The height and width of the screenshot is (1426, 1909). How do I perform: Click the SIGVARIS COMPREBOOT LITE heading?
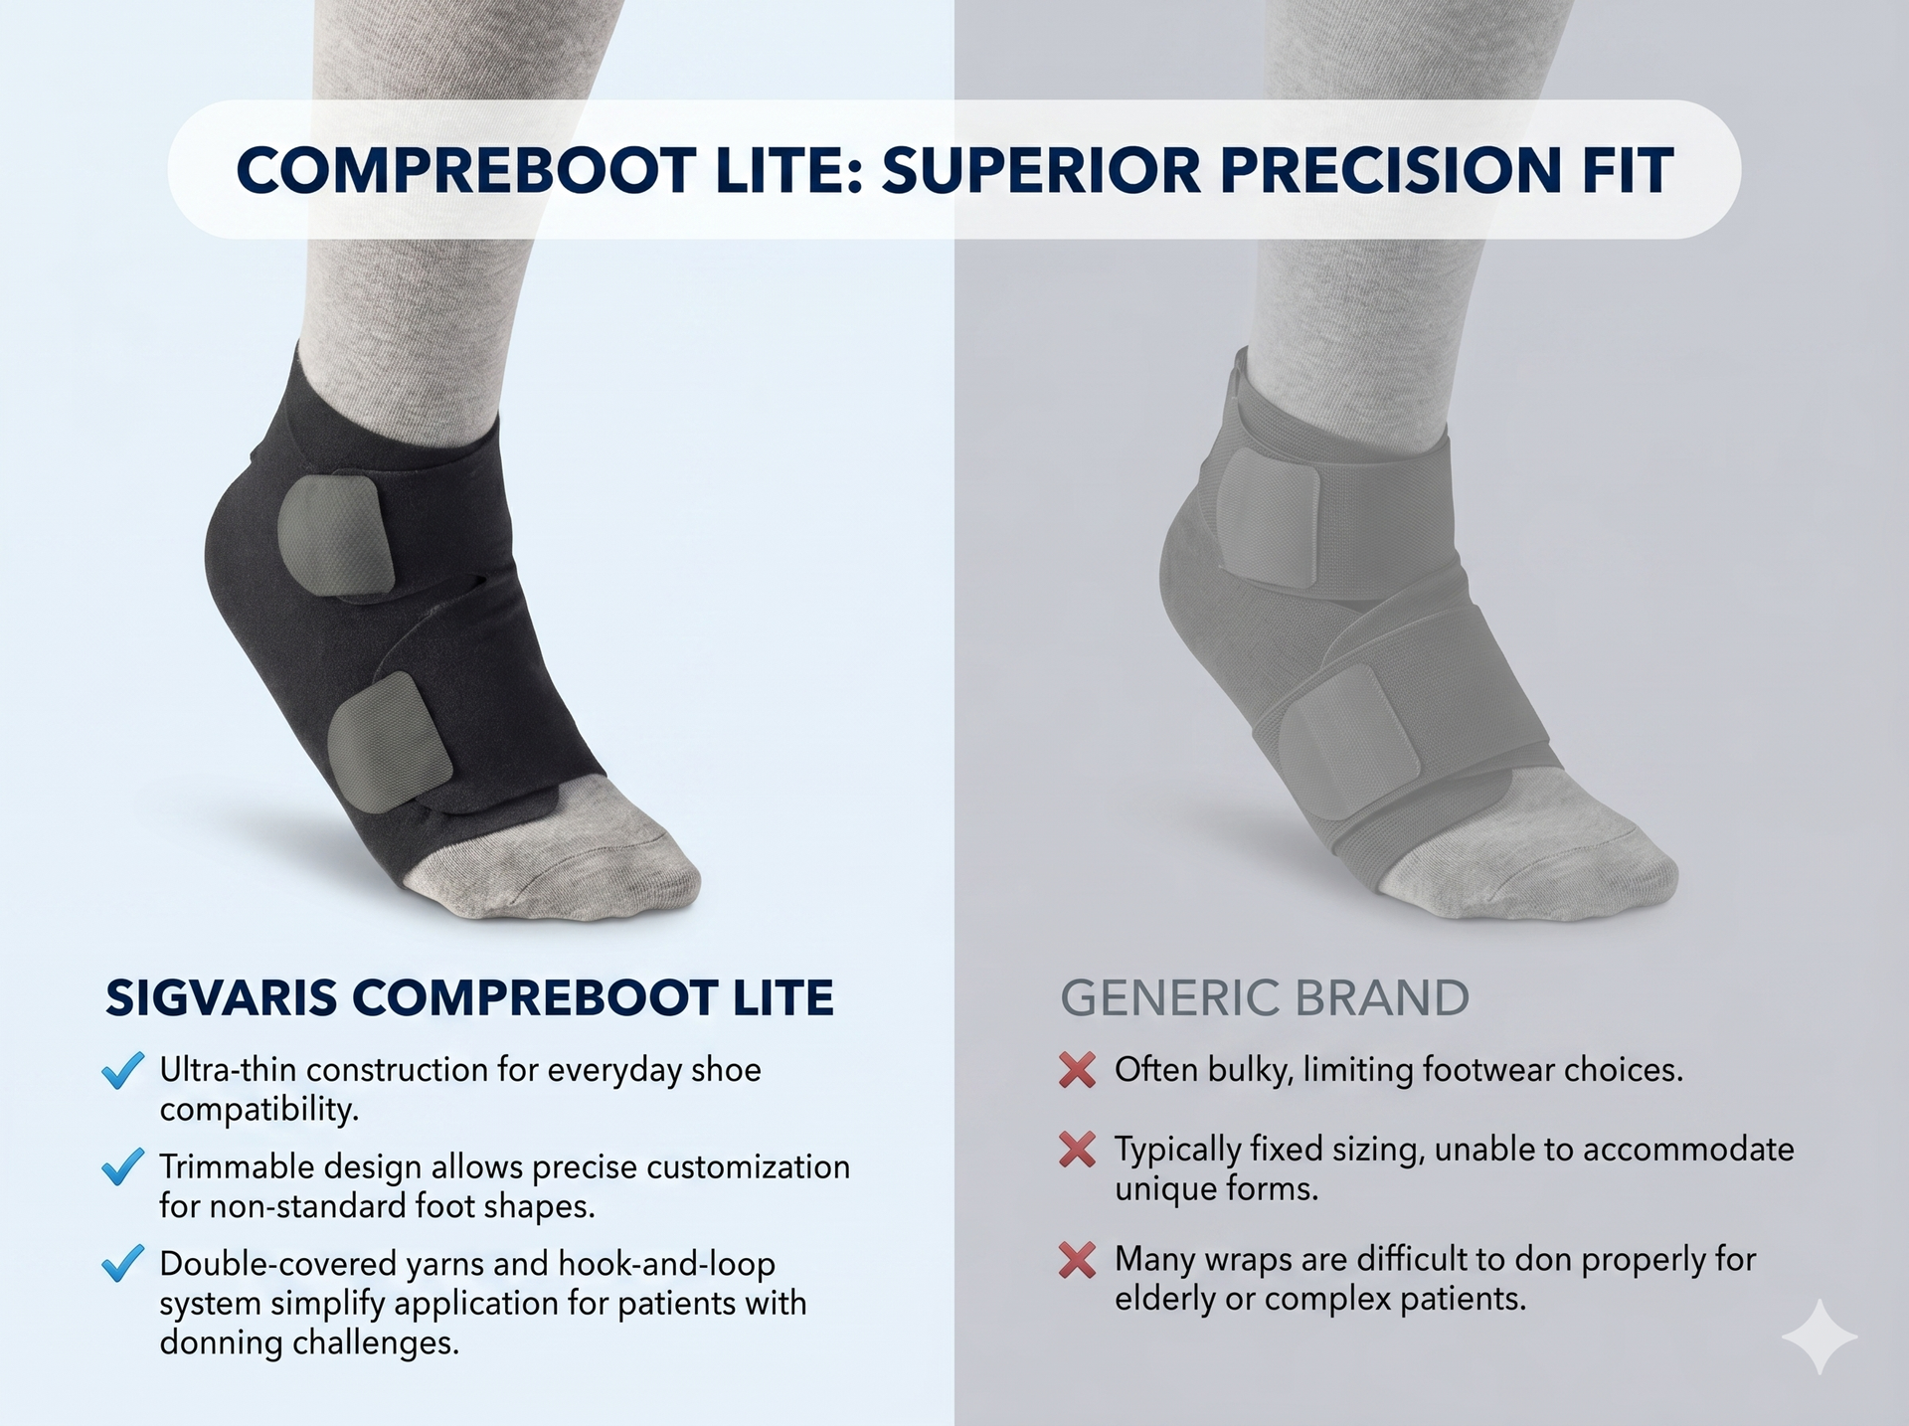click(469, 997)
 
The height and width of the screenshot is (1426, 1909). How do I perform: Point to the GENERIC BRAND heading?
click(1265, 997)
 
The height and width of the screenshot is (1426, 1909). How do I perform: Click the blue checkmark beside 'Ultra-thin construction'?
click(123, 1071)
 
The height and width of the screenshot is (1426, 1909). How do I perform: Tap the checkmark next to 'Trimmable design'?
click(123, 1167)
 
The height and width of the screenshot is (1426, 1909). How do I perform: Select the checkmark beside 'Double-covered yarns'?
click(123, 1264)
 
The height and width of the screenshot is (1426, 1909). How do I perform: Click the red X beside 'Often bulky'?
click(1077, 1070)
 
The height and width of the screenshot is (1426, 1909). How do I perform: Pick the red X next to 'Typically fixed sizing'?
click(1077, 1150)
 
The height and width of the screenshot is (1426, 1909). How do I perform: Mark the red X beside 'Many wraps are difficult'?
click(1077, 1260)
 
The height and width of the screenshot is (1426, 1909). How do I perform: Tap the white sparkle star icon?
click(1819, 1337)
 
